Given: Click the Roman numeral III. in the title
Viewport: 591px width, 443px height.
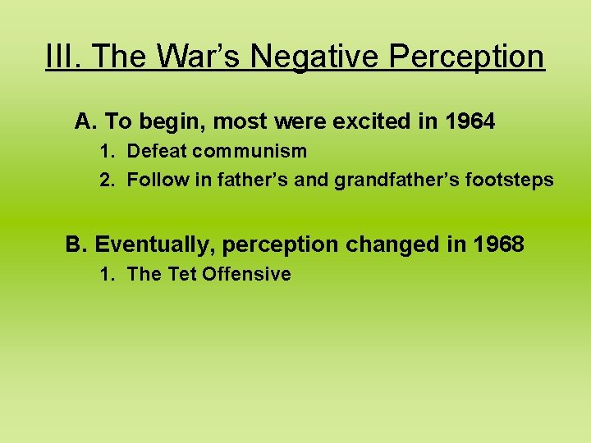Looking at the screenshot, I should point(64,57).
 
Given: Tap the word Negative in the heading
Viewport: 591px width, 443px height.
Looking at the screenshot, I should point(311,57).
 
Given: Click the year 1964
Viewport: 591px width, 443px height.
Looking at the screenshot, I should point(470,122).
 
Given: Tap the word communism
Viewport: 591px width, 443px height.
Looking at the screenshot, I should point(250,151).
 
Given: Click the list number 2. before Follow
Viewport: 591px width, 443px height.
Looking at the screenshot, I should point(108,180).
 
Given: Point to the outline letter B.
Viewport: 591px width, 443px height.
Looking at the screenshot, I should point(76,244).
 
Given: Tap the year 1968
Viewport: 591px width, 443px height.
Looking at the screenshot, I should point(497,244).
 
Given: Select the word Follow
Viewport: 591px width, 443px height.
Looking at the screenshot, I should point(153,180).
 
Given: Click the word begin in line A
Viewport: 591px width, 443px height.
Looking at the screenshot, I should point(174,122).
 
